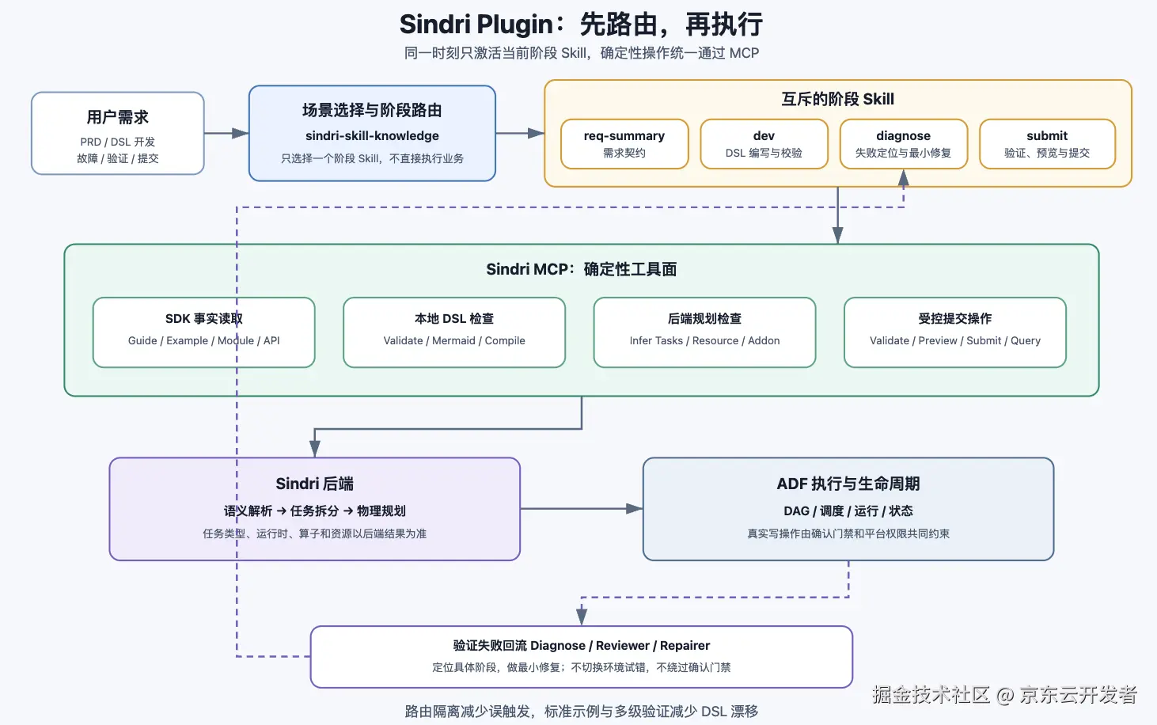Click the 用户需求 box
[x=118, y=133]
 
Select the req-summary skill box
[x=624, y=144]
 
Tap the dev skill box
[x=764, y=144]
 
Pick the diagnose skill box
[x=904, y=144]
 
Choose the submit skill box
[x=1047, y=144]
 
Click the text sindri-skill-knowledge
[x=372, y=135]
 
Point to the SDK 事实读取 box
[x=204, y=332]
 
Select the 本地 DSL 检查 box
[x=454, y=332]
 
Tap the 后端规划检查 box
[x=704, y=332]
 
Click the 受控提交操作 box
[x=955, y=332]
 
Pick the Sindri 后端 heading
[x=314, y=484]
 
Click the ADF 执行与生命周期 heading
[x=848, y=484]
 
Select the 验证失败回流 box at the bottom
[x=582, y=657]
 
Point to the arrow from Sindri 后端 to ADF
[x=582, y=508]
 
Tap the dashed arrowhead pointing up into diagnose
[x=904, y=178]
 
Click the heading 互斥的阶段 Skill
[x=837, y=99]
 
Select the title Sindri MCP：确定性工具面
[x=582, y=269]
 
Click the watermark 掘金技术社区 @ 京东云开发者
[x=1004, y=694]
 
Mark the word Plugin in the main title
[x=514, y=25]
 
